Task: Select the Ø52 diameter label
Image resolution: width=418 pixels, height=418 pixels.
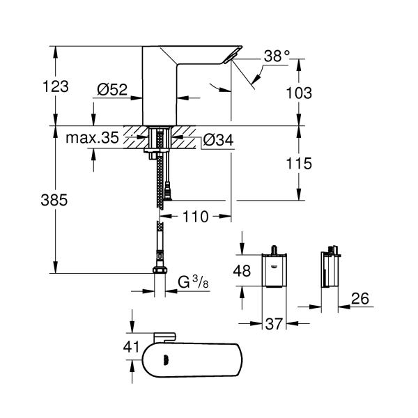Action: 111,89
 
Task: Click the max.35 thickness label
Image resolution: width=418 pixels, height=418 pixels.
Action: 93,138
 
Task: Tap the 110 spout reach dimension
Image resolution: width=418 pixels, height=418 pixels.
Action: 196,217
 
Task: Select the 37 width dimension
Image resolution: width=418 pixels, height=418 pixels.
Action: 273,324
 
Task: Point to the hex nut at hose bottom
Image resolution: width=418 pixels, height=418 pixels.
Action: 160,271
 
